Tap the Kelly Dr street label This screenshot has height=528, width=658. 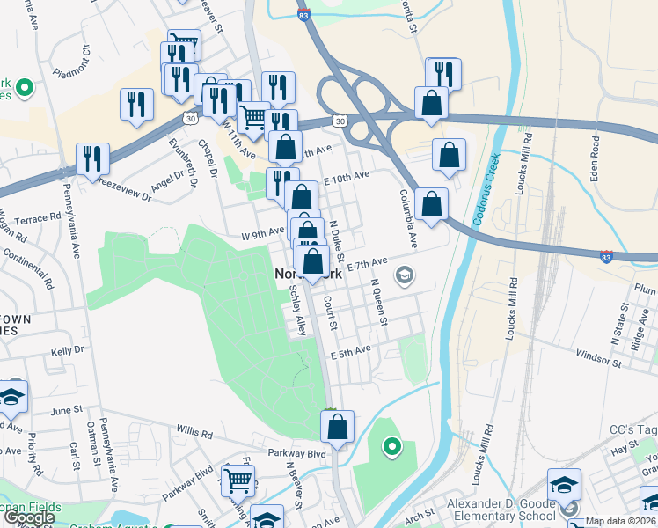67,350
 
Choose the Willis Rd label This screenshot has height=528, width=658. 194,434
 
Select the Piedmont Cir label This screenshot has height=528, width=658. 72,61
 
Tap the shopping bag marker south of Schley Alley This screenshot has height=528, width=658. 337,428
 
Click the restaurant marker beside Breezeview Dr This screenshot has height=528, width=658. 92,159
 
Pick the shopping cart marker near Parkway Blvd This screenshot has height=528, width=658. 238,480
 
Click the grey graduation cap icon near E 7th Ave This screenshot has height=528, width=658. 405,276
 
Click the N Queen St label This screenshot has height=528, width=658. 379,302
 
